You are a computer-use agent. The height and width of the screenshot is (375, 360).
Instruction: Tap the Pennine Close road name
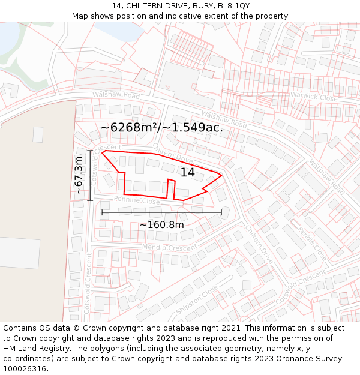click(137, 200)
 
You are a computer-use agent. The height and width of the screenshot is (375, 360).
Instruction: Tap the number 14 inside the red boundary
click(188, 172)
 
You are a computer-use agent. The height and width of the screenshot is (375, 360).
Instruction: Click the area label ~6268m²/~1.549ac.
click(162, 127)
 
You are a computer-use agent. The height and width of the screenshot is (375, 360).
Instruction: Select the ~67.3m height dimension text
click(79, 175)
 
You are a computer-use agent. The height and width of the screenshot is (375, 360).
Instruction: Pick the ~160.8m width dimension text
click(162, 224)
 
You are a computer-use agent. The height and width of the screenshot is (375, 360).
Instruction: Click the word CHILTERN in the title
click(148, 6)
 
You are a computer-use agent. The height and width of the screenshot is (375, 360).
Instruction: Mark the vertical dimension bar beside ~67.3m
click(90, 175)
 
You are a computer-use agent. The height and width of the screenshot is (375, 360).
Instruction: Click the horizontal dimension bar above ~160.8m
click(162, 212)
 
